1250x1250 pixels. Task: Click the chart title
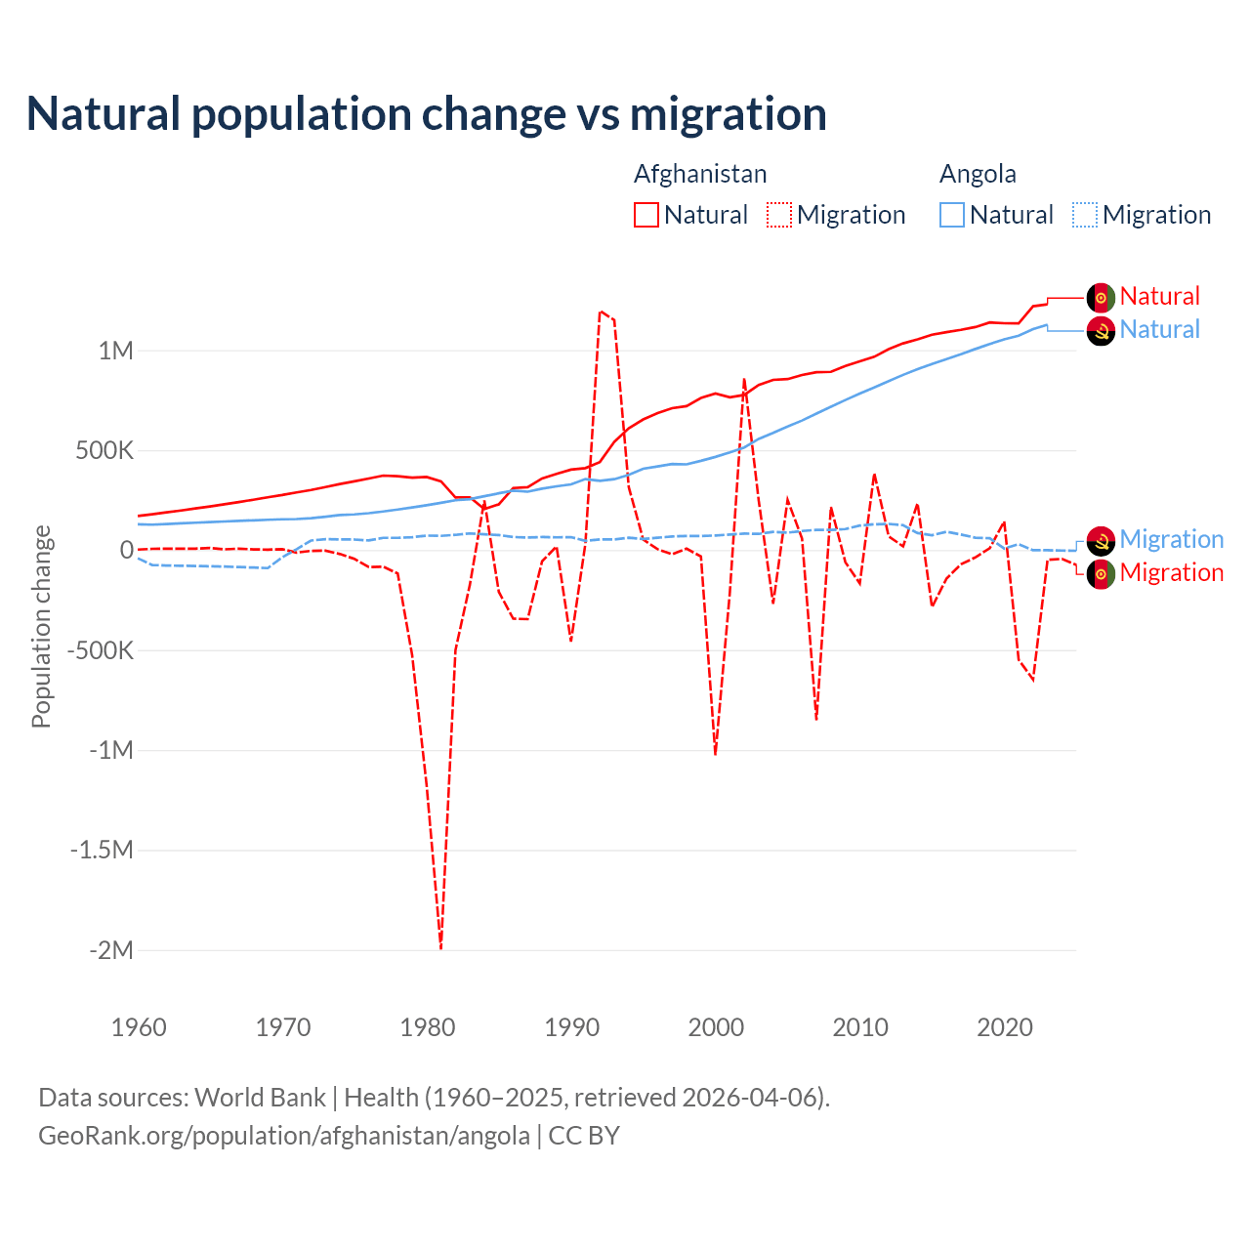coord(426,114)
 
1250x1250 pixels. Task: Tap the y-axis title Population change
coord(41,626)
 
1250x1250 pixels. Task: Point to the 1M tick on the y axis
coord(115,351)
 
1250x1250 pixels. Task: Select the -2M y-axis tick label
coord(110,950)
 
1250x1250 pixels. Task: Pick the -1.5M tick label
coord(102,850)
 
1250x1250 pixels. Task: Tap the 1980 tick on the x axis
coord(428,1027)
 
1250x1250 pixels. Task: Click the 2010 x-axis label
coord(860,1027)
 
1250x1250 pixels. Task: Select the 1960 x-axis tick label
coord(139,1027)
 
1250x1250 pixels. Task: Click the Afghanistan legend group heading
coord(700,174)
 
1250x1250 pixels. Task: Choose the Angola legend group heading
coord(978,174)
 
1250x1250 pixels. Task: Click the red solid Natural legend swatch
coord(646,215)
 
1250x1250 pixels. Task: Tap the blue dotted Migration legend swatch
coord(1085,215)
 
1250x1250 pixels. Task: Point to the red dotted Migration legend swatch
coord(779,215)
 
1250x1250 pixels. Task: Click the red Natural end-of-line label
coord(1159,296)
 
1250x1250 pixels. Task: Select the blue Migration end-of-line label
coord(1171,539)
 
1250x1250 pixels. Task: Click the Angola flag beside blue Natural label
coord(1101,331)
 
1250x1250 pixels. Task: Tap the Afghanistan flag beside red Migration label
coord(1101,573)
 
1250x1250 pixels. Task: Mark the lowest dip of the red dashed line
coord(440,947)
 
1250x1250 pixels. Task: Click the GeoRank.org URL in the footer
coord(284,1136)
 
